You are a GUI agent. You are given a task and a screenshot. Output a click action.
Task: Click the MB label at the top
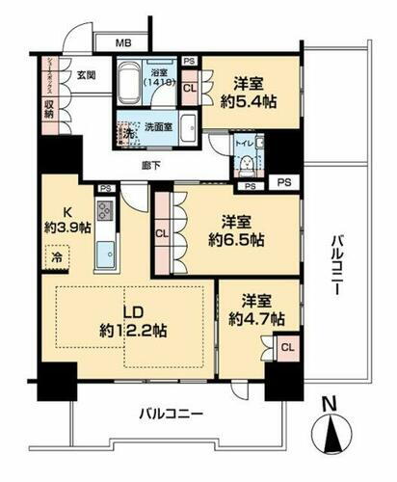click(x=124, y=42)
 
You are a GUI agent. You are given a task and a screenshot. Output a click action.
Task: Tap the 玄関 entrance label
click(x=86, y=76)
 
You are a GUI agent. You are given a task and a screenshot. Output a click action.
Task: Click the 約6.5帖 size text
click(x=236, y=232)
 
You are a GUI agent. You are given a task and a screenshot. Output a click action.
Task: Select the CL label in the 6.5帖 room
click(x=162, y=230)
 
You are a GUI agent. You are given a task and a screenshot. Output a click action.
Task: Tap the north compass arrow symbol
click(x=332, y=433)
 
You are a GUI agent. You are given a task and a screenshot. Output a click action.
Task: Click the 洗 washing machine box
click(x=126, y=132)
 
